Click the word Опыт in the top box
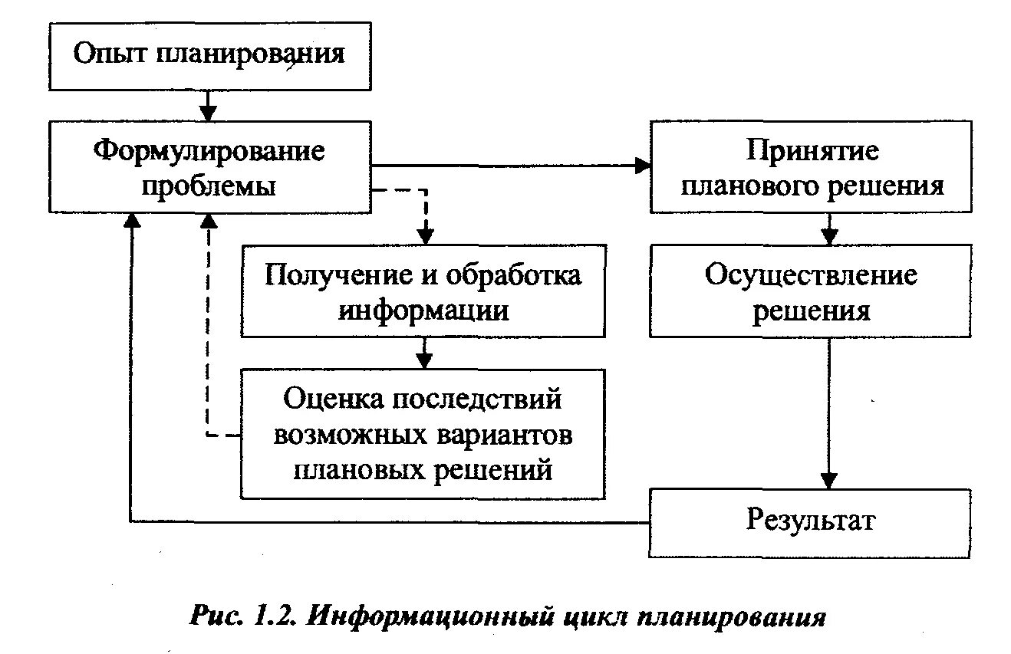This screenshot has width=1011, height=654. coord(113,55)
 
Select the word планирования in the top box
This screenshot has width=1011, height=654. coord(251,55)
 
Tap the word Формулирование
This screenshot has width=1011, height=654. coord(209,150)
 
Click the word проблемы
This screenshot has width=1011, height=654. coord(209,186)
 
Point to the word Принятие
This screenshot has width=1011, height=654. coord(812,150)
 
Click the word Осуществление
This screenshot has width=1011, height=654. coord(811,275)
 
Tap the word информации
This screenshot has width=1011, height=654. coord(423,311)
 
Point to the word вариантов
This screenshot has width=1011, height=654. coord(505,435)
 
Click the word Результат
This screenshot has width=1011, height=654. coord(811,521)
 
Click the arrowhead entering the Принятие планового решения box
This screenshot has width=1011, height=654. coord(642,165)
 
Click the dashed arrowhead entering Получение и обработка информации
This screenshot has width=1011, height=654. coord(423,236)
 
